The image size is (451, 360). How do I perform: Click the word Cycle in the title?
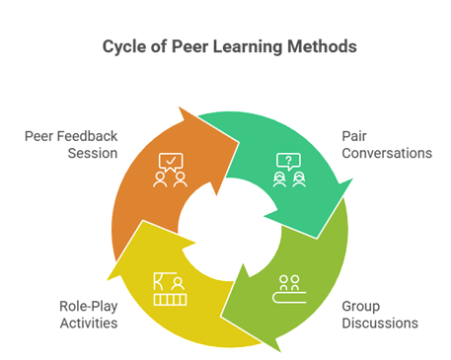point(122,46)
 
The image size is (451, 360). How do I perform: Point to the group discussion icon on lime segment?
point(289,286)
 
